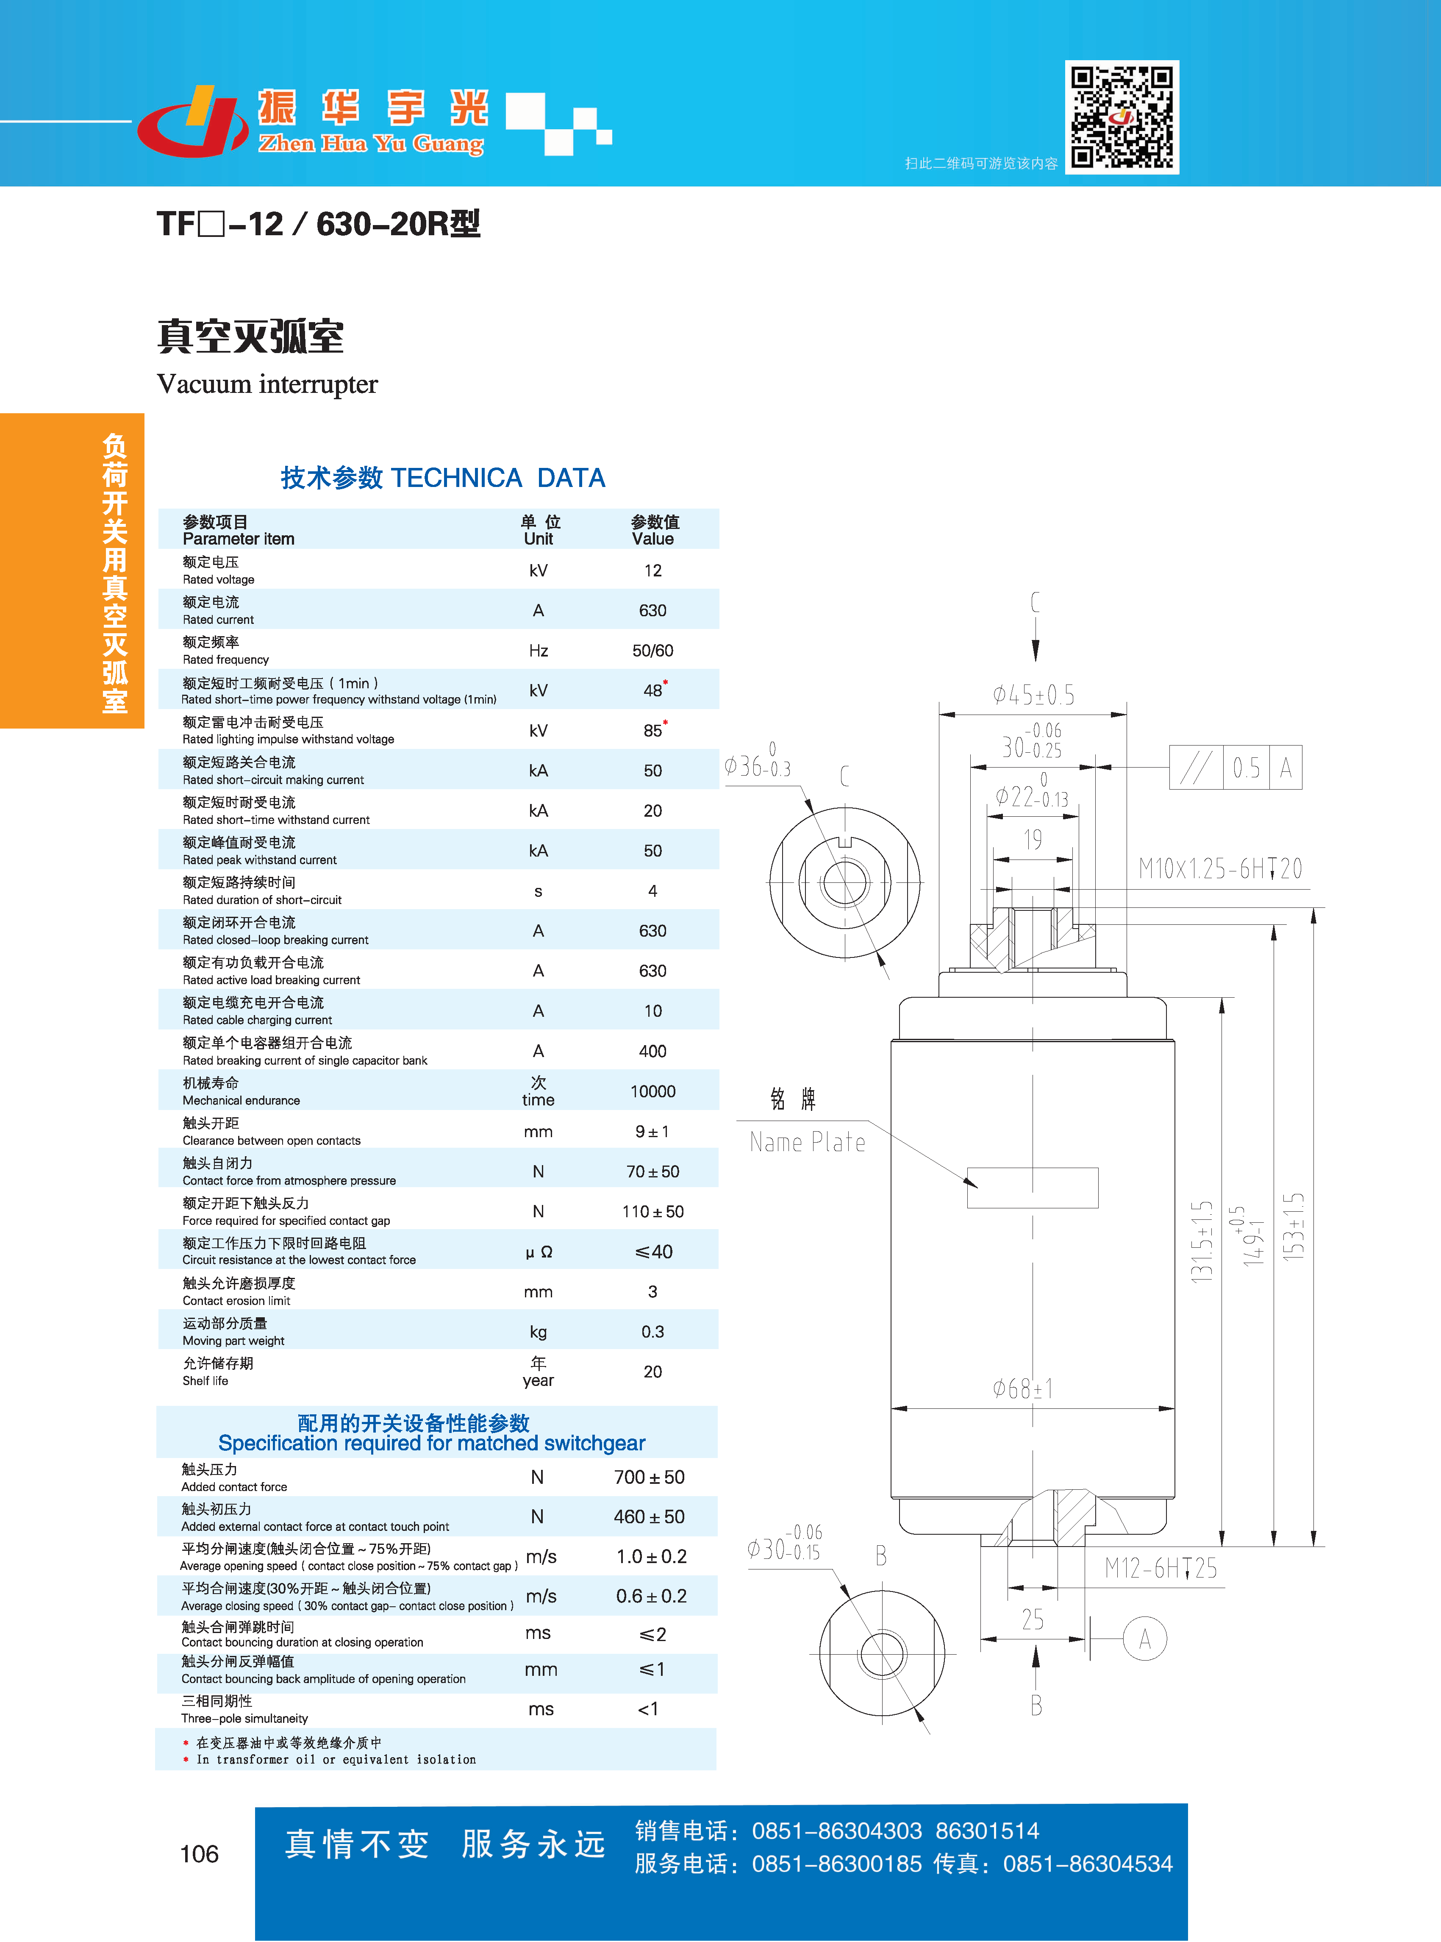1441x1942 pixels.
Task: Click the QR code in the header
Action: tap(1122, 117)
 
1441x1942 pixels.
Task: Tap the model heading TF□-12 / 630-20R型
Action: tap(318, 224)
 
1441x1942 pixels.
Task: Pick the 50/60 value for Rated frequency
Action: tap(652, 651)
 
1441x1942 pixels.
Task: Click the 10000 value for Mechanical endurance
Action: tap(652, 1091)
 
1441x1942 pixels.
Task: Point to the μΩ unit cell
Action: tap(538, 1252)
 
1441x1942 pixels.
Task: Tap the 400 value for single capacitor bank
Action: tap(652, 1051)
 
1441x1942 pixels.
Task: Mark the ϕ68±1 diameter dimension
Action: tap(1022, 1389)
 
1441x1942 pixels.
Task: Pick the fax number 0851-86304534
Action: tap(1088, 1864)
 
